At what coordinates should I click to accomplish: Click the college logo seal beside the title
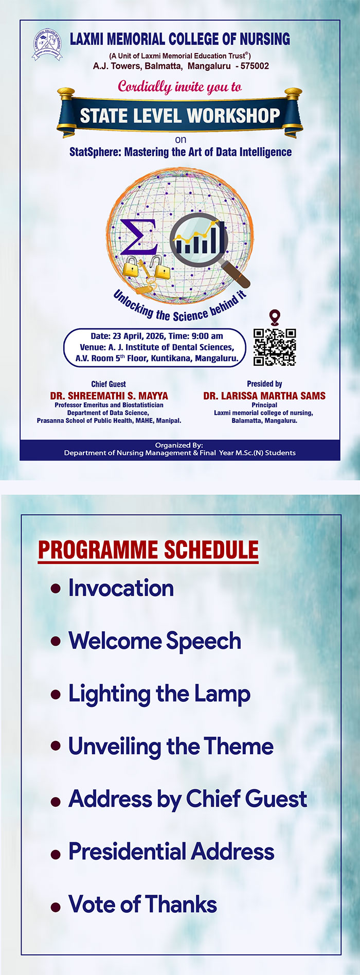(47, 44)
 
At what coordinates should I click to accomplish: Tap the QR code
(275, 347)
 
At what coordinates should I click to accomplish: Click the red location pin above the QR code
(275, 317)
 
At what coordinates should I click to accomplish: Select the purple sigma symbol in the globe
(138, 238)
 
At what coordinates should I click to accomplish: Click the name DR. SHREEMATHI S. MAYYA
(109, 396)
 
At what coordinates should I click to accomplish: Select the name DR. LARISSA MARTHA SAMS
(264, 396)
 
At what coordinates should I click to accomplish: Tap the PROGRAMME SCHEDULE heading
(148, 549)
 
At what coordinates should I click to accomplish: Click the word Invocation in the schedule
(121, 588)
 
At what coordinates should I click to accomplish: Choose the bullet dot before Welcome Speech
(56, 642)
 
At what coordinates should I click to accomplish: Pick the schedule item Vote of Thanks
(142, 904)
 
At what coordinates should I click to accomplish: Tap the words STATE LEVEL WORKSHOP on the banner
(180, 115)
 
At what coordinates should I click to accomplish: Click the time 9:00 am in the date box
(207, 336)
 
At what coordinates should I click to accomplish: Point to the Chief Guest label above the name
(109, 384)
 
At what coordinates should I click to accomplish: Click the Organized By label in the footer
(179, 445)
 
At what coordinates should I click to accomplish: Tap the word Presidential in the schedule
(120, 852)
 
